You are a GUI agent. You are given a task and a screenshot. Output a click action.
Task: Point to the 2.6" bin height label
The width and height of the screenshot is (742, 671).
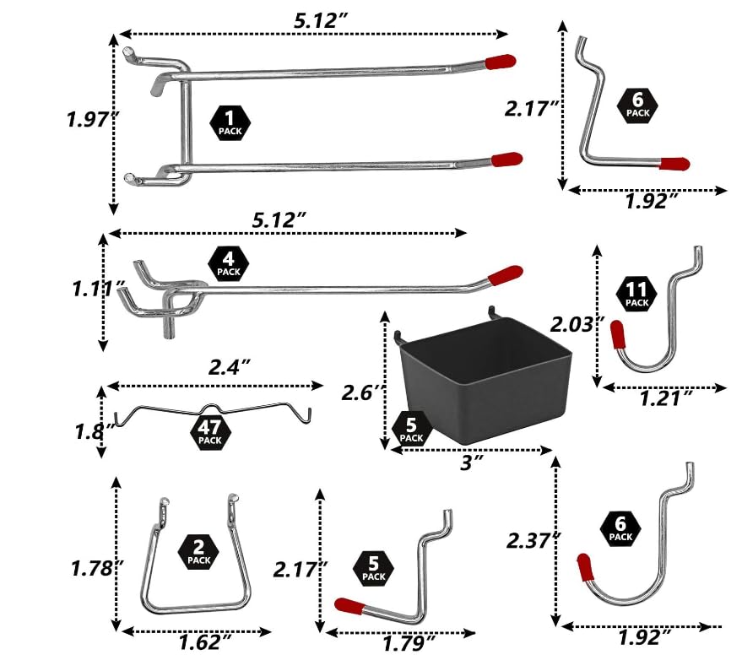pos(362,393)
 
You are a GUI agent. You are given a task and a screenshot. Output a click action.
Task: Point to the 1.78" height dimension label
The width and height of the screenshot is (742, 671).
pos(90,568)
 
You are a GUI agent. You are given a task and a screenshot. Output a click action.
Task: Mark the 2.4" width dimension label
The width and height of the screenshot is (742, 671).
pos(229,367)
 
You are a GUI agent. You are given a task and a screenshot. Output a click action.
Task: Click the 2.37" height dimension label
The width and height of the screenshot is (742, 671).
pos(530,539)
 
